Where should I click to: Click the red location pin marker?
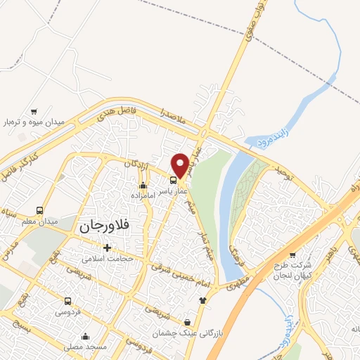point(180,165)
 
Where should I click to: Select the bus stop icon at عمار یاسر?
point(174,179)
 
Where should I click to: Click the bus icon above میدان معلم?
point(39,211)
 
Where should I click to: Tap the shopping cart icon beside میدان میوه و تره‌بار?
point(34,111)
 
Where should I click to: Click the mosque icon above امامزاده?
point(143,186)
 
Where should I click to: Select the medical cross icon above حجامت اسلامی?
point(107,247)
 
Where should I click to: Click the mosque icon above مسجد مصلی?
point(85,336)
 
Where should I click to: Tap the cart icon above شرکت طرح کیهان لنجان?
point(292,255)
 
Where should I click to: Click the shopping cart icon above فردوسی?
point(68,299)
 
